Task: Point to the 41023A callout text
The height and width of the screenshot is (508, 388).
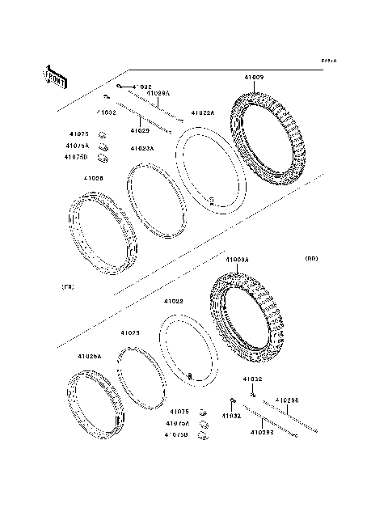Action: [x=142, y=149]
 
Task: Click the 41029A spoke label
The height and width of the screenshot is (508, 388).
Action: [x=158, y=94]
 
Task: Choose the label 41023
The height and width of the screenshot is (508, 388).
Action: [x=130, y=332]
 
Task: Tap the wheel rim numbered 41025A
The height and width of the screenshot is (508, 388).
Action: [x=93, y=404]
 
